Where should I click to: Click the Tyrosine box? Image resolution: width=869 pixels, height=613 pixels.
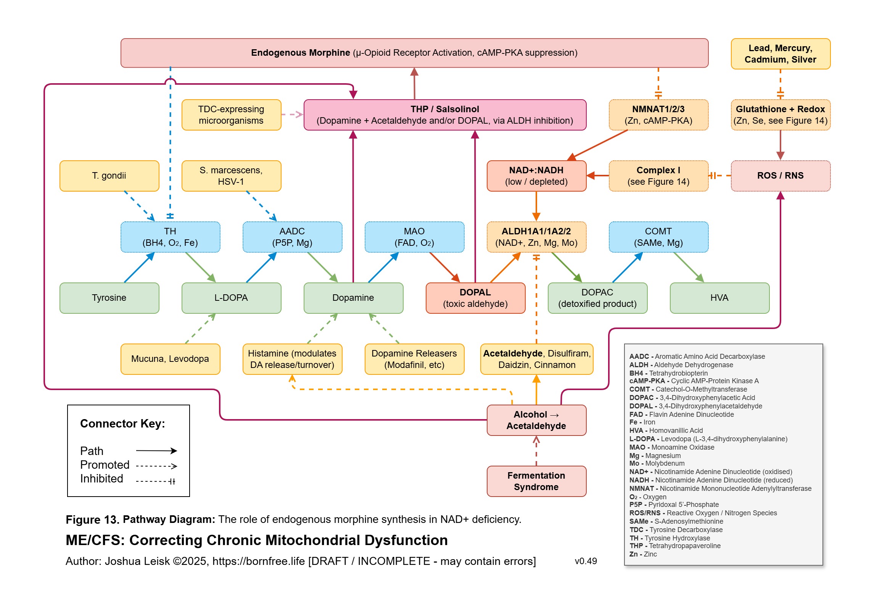click(x=109, y=298)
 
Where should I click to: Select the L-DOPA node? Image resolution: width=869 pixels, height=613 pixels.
click(x=231, y=298)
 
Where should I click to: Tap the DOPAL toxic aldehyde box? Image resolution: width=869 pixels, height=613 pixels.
click(x=475, y=298)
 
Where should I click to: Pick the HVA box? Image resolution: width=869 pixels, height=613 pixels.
click(x=719, y=298)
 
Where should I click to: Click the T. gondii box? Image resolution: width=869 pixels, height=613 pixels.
click(x=109, y=176)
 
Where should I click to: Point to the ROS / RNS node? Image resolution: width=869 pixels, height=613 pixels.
click(x=780, y=176)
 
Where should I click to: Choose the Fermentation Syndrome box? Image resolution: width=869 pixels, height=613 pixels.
click(x=536, y=481)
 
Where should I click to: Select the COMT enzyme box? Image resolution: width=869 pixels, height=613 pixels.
click(x=658, y=237)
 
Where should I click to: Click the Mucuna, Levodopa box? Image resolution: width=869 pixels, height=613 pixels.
click(x=170, y=359)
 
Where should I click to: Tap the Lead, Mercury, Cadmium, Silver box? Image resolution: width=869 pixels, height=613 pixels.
click(x=780, y=54)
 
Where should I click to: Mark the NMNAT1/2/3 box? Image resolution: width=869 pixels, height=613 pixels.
click(x=658, y=115)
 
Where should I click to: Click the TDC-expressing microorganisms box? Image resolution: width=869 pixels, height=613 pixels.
click(x=231, y=115)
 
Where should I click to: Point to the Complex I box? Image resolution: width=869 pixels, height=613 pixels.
click(x=658, y=176)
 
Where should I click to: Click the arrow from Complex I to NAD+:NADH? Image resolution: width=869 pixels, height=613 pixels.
click(x=598, y=176)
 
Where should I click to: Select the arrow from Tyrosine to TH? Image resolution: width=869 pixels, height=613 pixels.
click(x=139, y=268)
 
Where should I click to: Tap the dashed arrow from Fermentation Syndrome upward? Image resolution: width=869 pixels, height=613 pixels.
click(x=536, y=451)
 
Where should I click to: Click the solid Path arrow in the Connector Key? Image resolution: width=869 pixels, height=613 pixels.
click(x=156, y=451)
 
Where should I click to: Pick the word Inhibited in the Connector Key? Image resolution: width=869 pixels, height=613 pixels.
click(x=101, y=479)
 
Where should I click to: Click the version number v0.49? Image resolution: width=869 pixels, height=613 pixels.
click(x=586, y=561)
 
